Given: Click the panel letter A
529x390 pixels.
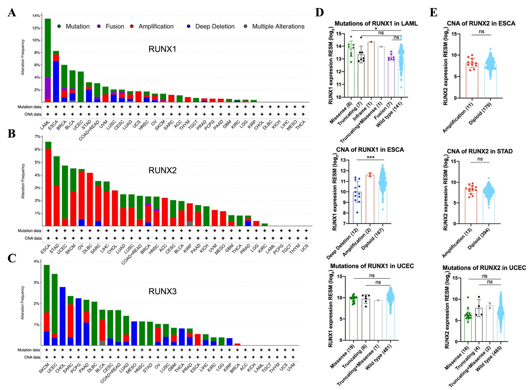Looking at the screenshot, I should (12, 13).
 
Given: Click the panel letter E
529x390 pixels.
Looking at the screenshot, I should (434, 13).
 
